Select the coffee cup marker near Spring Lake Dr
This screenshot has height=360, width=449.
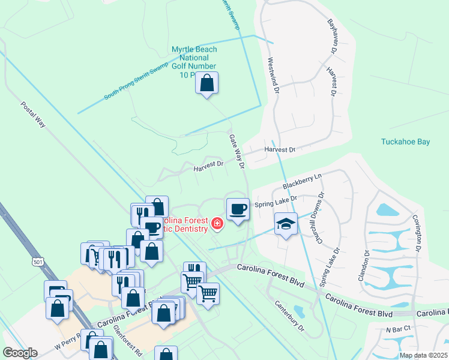pyautogui.click(x=238, y=209)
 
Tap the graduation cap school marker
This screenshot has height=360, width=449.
pyautogui.click(x=286, y=224)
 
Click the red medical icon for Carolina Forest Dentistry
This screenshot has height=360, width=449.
pyautogui.click(x=217, y=224)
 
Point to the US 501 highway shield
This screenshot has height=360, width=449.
pyautogui.click(x=39, y=262)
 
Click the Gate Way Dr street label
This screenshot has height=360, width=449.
pyautogui.click(x=237, y=151)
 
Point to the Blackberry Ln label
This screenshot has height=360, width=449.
pyautogui.click(x=303, y=179)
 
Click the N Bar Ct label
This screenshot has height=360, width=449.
pyautogui.click(x=397, y=329)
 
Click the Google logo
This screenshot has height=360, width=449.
pyautogui.click(x=20, y=353)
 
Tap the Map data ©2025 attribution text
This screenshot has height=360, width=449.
pyautogui.click(x=423, y=355)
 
